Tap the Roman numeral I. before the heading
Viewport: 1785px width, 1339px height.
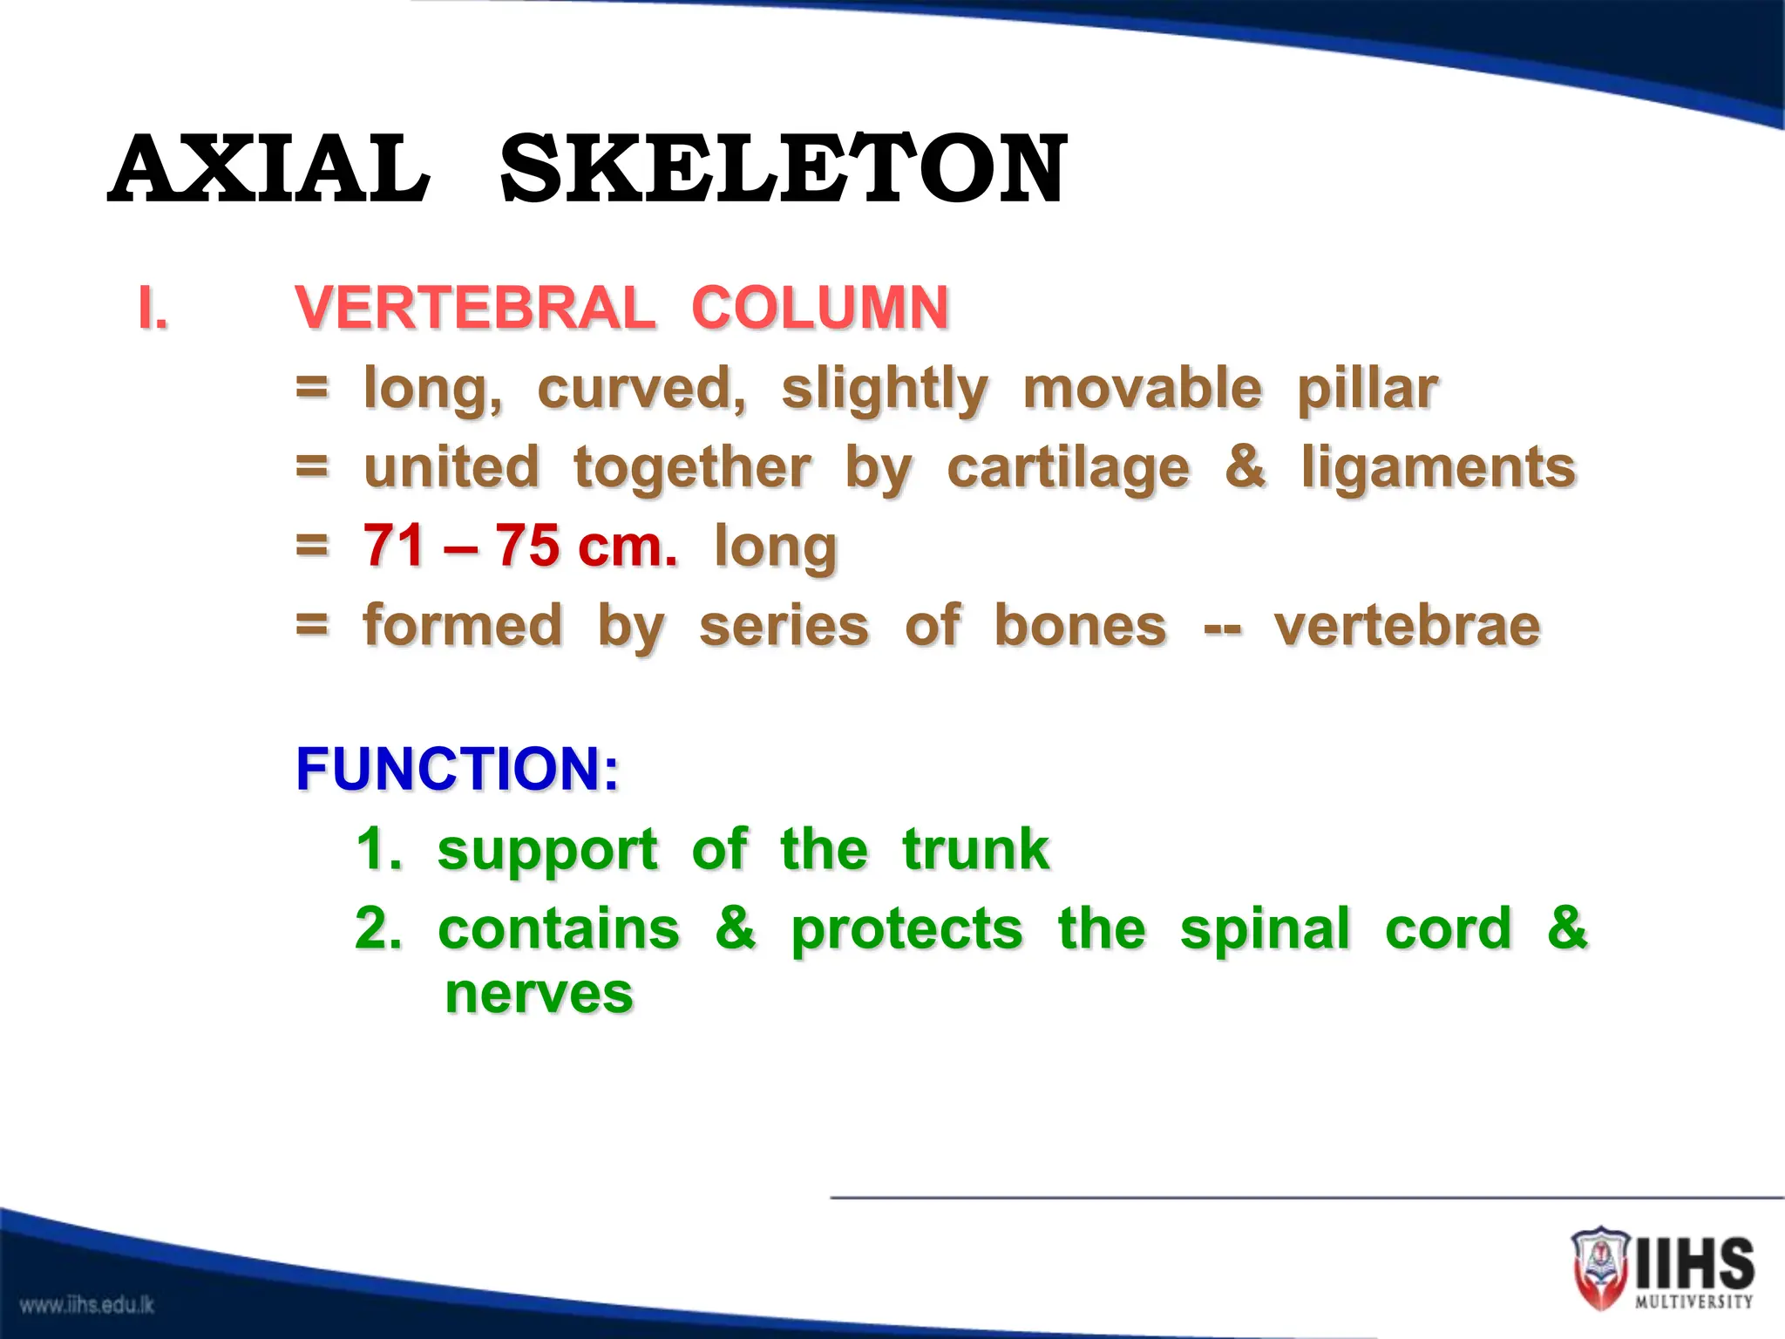(153, 309)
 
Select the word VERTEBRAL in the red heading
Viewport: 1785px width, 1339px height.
(475, 309)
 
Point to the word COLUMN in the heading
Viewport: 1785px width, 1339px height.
(819, 309)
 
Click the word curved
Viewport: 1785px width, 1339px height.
(641, 389)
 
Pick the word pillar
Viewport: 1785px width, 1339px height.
(1367, 389)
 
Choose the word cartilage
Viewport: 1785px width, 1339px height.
(1068, 468)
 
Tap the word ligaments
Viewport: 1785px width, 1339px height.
(1438, 468)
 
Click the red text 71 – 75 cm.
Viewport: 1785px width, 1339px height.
(519, 547)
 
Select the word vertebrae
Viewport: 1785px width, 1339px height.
(1407, 626)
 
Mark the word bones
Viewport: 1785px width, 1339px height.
(1080, 626)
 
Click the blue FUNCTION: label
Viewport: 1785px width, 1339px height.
(458, 769)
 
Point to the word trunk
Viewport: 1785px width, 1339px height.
(975, 849)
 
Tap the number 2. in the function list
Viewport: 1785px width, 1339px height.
(378, 928)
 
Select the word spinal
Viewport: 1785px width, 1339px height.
(1265, 928)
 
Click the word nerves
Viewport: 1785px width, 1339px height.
(539, 994)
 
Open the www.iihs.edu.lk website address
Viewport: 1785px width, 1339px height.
(87, 1305)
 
